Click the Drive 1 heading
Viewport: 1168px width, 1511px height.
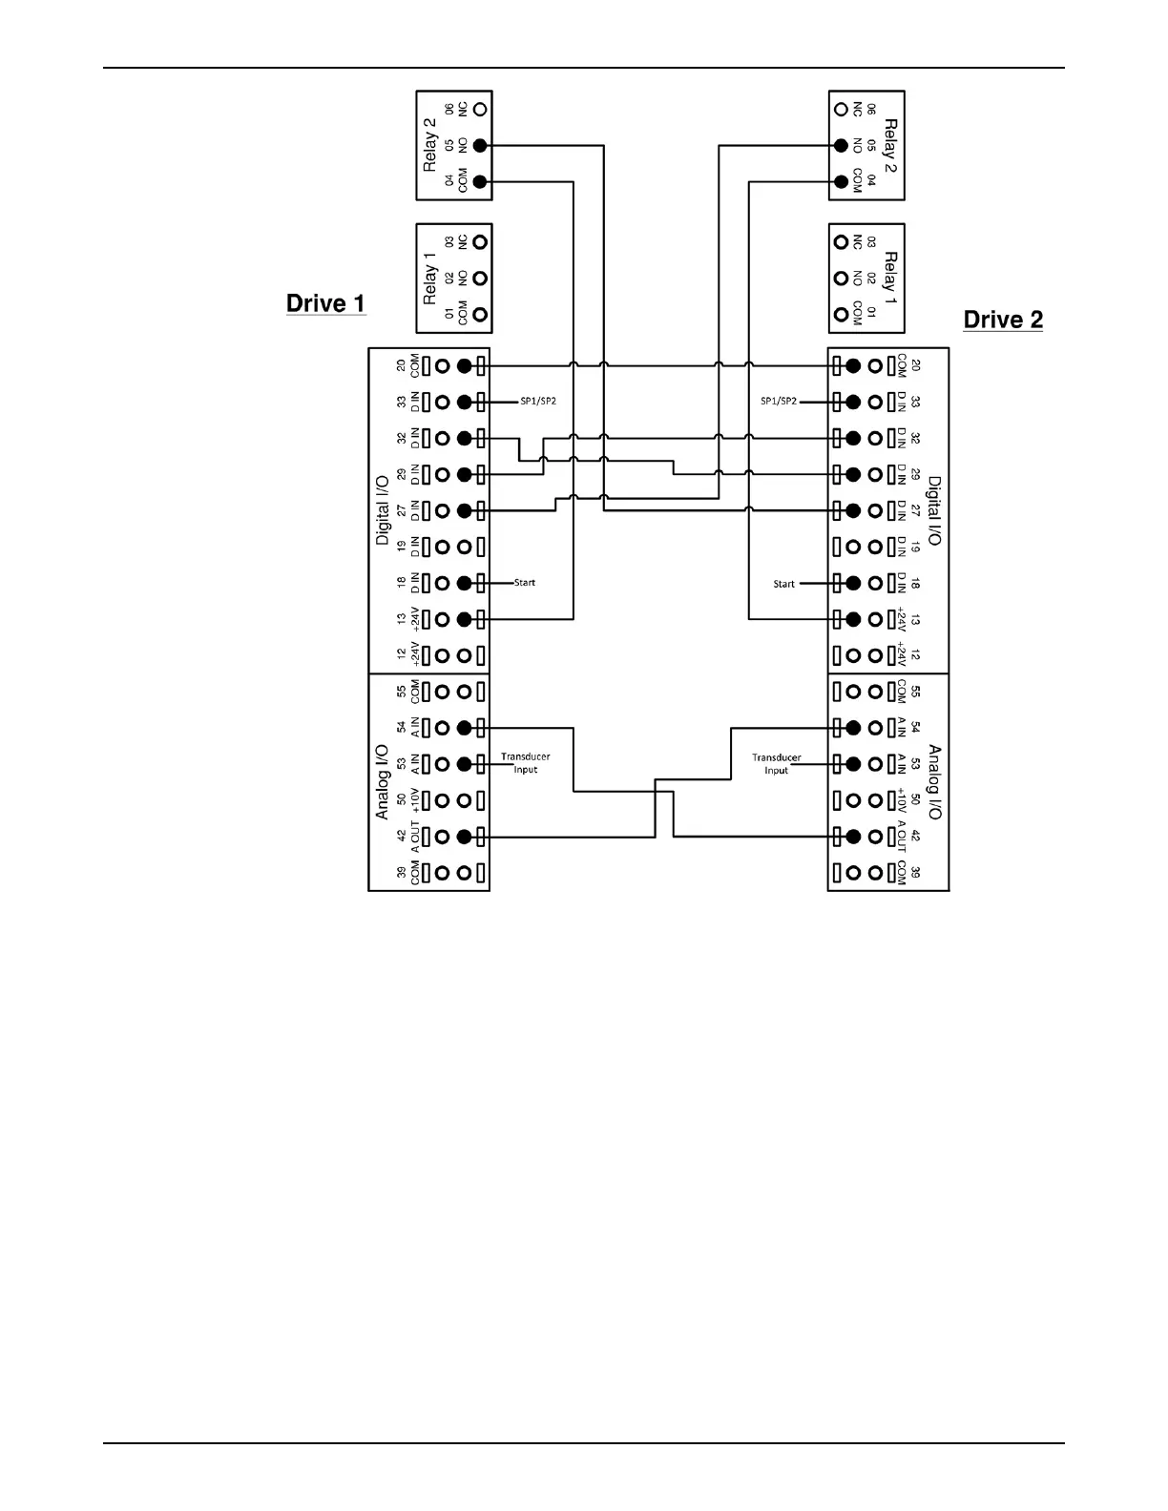[325, 303]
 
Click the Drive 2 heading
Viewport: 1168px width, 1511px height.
[1003, 320]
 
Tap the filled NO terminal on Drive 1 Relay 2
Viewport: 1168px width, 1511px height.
[480, 146]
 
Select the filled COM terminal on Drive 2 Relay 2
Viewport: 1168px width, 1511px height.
[841, 182]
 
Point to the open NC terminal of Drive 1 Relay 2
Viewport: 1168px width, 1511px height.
[480, 110]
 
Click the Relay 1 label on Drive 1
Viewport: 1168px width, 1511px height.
[429, 279]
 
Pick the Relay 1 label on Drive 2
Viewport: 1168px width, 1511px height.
[890, 279]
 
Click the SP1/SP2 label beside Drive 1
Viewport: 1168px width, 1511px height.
[538, 402]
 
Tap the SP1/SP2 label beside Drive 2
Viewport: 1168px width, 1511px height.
[779, 402]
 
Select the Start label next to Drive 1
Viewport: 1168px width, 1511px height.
[525, 583]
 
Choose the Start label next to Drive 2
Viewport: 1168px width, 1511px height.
[783, 584]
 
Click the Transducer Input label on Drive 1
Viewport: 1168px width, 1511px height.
[526, 763]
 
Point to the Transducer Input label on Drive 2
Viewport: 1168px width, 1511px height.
[777, 764]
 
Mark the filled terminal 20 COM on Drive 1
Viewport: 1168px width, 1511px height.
[465, 365]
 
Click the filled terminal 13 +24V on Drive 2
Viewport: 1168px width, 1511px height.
[853, 619]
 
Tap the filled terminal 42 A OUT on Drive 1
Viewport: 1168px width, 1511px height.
[465, 837]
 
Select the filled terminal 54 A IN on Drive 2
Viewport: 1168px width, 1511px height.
[853, 728]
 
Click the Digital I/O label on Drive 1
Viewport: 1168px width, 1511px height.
[383, 510]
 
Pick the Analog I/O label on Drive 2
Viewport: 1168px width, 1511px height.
[934, 782]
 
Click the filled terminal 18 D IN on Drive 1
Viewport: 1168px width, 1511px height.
[465, 583]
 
